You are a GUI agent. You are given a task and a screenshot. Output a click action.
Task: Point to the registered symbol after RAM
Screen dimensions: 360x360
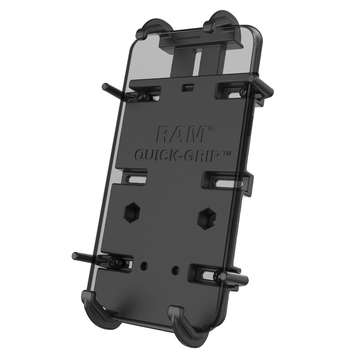point(210,129)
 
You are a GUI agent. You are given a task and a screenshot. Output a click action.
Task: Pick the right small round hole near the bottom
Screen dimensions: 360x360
point(175,270)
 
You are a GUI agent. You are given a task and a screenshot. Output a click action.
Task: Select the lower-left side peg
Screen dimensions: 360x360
point(85,257)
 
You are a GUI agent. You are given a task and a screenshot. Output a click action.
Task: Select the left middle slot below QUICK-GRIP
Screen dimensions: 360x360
point(135,177)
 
